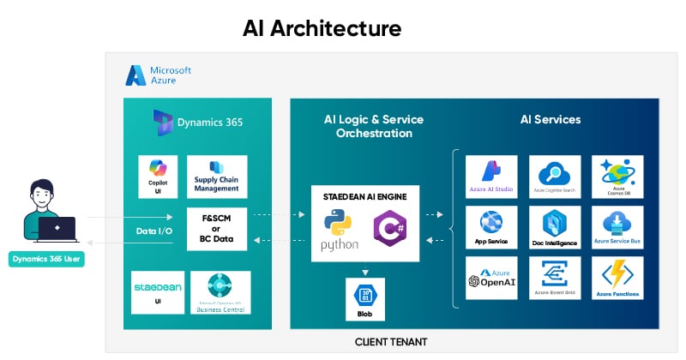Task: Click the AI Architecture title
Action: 322,27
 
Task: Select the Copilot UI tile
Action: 158,177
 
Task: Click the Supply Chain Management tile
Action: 216,177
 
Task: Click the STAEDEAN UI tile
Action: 158,292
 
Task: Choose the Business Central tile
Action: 220,292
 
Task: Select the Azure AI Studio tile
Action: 491,177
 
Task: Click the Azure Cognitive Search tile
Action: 555,177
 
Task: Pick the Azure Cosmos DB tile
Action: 617,177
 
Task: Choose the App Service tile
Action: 491,227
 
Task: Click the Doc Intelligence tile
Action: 555,227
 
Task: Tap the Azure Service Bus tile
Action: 617,227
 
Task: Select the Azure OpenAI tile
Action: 491,278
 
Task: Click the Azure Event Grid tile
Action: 555,278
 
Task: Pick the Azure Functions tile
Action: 617,278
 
